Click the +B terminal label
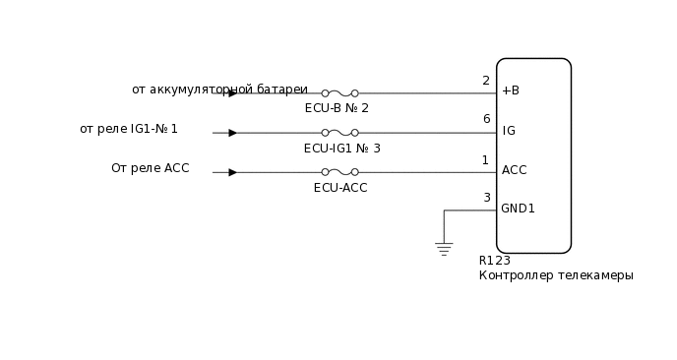click(x=510, y=90)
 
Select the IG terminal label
click(x=509, y=131)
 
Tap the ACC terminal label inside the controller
click(x=514, y=170)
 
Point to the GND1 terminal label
click(x=518, y=209)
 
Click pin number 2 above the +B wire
click(x=486, y=81)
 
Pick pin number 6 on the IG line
click(x=486, y=119)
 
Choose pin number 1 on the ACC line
click(x=485, y=159)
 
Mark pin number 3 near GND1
click(x=486, y=198)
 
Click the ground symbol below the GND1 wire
click(x=444, y=248)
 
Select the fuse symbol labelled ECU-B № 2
click(x=339, y=93)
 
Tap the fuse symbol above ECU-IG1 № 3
click(x=339, y=133)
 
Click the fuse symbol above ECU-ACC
click(x=339, y=172)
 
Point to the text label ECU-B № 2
click(x=337, y=108)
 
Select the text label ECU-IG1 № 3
click(x=342, y=149)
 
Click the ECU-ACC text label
click(x=340, y=188)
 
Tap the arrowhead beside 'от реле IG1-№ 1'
click(x=232, y=133)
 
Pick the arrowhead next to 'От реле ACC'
click(x=232, y=172)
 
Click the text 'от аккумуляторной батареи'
click(x=219, y=90)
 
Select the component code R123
click(x=494, y=261)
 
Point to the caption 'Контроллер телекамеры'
click(x=556, y=275)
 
